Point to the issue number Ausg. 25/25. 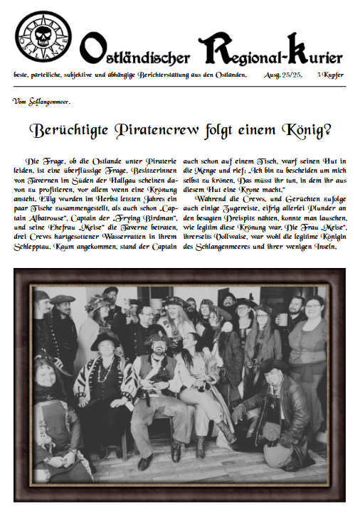coord(285,75)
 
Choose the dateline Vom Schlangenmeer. coord(41,101)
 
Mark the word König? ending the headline coord(304,131)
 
